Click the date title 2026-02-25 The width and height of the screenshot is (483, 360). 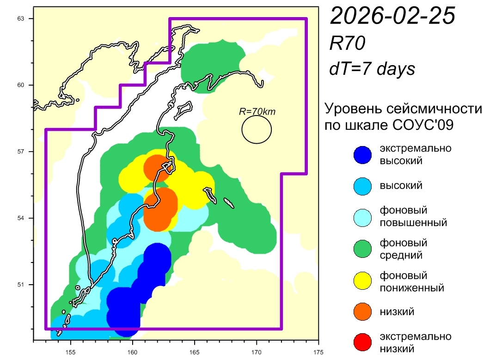click(x=392, y=17)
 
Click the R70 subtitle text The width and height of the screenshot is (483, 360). click(x=347, y=44)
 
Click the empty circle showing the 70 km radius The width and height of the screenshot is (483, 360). click(x=257, y=129)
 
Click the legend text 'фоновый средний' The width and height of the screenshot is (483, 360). click(x=403, y=249)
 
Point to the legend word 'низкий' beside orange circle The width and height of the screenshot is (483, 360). click(x=397, y=311)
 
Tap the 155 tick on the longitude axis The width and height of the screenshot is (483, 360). click(x=71, y=350)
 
